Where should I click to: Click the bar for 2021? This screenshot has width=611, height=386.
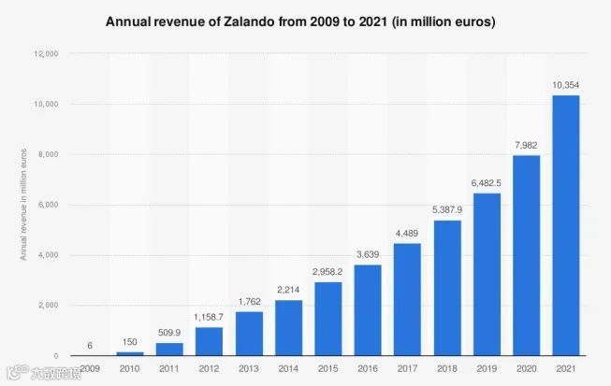pyautogui.click(x=564, y=225)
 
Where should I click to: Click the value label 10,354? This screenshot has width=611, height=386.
pyautogui.click(x=564, y=85)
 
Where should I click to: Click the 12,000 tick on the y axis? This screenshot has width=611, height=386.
pyautogui.click(x=46, y=54)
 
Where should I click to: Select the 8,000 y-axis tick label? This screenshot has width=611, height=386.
pyautogui.click(x=48, y=155)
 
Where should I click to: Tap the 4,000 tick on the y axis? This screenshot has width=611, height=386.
pyautogui.click(x=48, y=255)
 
